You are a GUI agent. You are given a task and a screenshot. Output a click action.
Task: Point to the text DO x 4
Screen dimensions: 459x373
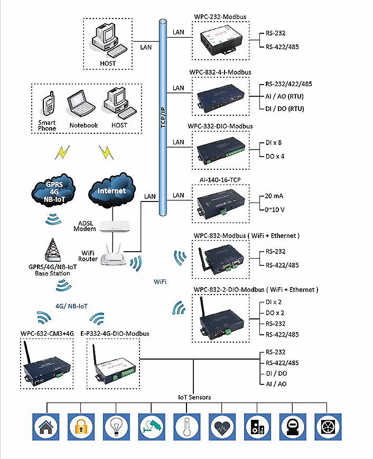click(x=275, y=157)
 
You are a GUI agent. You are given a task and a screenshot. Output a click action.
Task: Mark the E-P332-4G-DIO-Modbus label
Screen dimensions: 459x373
click(x=115, y=334)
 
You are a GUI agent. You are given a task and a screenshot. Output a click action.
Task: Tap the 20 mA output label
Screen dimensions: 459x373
click(x=275, y=196)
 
